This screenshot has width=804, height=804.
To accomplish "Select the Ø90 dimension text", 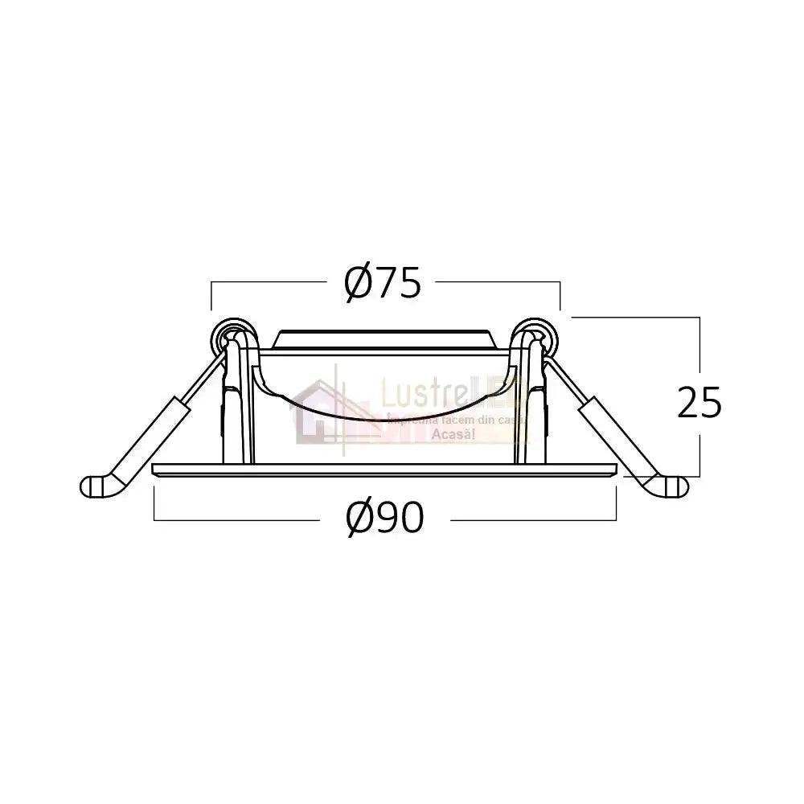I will (384, 519).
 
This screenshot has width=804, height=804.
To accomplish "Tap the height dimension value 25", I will (699, 404).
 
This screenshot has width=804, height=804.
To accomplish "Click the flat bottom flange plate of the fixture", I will (384, 470).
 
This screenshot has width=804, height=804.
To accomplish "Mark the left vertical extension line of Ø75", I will (211, 296).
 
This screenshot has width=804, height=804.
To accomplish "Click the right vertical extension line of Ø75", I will (560, 296).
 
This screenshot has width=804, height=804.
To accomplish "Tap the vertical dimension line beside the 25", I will (699, 354).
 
